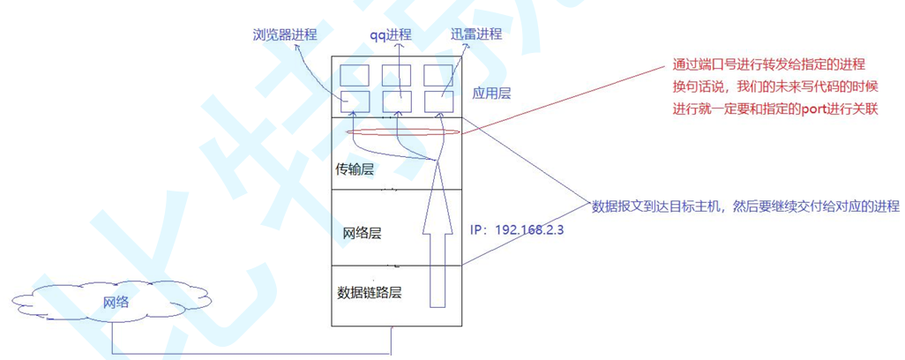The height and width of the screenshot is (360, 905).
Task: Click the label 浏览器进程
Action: pyautogui.click(x=284, y=35)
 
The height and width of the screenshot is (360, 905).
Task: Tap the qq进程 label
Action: pyautogui.click(x=391, y=35)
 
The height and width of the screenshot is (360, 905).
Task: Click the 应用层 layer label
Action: pyautogui.click(x=492, y=92)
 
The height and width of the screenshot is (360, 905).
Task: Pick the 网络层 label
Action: pyautogui.click(x=362, y=233)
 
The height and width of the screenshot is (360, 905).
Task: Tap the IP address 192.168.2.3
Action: pyautogui.click(x=518, y=229)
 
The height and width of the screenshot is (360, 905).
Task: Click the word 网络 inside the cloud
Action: pyautogui.click(x=115, y=302)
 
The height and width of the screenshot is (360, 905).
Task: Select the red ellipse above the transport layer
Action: pyautogui.click(x=403, y=132)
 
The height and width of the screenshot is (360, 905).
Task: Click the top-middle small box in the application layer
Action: pyautogui.click(x=396, y=74)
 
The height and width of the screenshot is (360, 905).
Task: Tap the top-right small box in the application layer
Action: pyautogui.click(x=438, y=74)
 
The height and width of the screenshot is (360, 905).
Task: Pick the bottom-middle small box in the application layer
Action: pyautogui.click(x=396, y=101)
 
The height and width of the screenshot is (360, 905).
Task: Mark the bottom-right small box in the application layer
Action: pyautogui.click(x=438, y=101)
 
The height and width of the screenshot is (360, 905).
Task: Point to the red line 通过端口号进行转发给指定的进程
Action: pyautogui.click(x=767, y=65)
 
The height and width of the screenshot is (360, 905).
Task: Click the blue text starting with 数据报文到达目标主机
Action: pyautogui.click(x=745, y=206)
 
